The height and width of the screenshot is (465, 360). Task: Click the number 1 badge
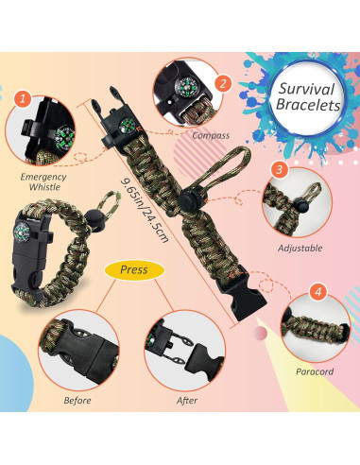[24, 97]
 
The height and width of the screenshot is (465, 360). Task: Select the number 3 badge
[280, 171]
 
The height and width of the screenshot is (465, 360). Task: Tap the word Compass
[210, 135]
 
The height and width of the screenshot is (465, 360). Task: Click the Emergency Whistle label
[43, 182]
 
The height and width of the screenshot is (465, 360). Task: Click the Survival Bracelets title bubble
[309, 98]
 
